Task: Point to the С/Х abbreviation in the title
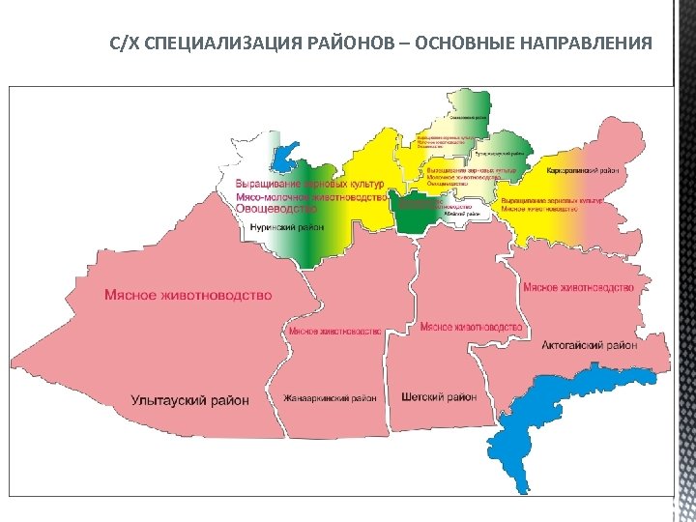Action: click(125, 43)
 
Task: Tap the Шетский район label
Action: click(438, 397)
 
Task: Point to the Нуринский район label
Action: click(286, 227)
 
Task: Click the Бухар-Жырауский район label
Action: click(499, 154)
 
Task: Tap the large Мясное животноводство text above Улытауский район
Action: click(188, 295)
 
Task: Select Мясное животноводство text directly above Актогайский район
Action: click(577, 287)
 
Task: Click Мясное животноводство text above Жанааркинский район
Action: click(334, 332)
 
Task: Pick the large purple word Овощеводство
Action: click(275, 209)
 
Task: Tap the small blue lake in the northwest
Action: click(286, 155)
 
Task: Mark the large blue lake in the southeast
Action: click(541, 425)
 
